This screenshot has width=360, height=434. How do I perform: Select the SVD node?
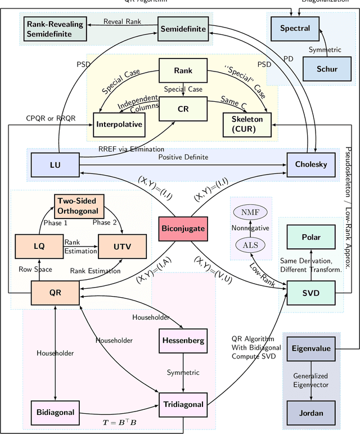[x=310, y=294]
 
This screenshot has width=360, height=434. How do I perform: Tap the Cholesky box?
[x=310, y=164]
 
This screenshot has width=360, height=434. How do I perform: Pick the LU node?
[x=55, y=164]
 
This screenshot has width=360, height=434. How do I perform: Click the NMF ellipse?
[x=251, y=212]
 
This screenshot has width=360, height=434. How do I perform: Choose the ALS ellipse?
[x=251, y=245]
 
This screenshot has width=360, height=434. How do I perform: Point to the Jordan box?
[x=311, y=413]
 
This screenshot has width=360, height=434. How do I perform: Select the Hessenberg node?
[x=182, y=341]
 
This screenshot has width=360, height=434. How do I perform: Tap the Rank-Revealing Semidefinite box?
[x=56, y=28]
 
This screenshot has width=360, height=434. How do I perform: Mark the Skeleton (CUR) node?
[x=247, y=124]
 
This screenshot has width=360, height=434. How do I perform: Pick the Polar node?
[x=310, y=238]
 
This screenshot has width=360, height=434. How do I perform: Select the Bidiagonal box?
[x=55, y=412]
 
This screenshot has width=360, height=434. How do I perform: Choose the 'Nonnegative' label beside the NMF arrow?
[x=251, y=228]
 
